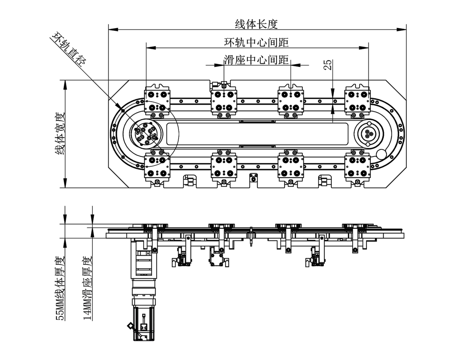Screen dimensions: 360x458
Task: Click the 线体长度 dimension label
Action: tap(256, 24)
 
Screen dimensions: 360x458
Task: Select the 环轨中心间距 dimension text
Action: tap(256, 42)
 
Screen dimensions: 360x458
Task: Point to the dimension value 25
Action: tap(327, 64)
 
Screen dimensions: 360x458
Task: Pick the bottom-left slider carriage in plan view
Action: tap(157, 167)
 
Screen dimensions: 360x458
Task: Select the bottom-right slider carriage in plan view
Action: tap(357, 167)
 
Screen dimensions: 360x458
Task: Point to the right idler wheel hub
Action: tap(369, 134)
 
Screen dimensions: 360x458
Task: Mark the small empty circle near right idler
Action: tap(381, 154)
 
